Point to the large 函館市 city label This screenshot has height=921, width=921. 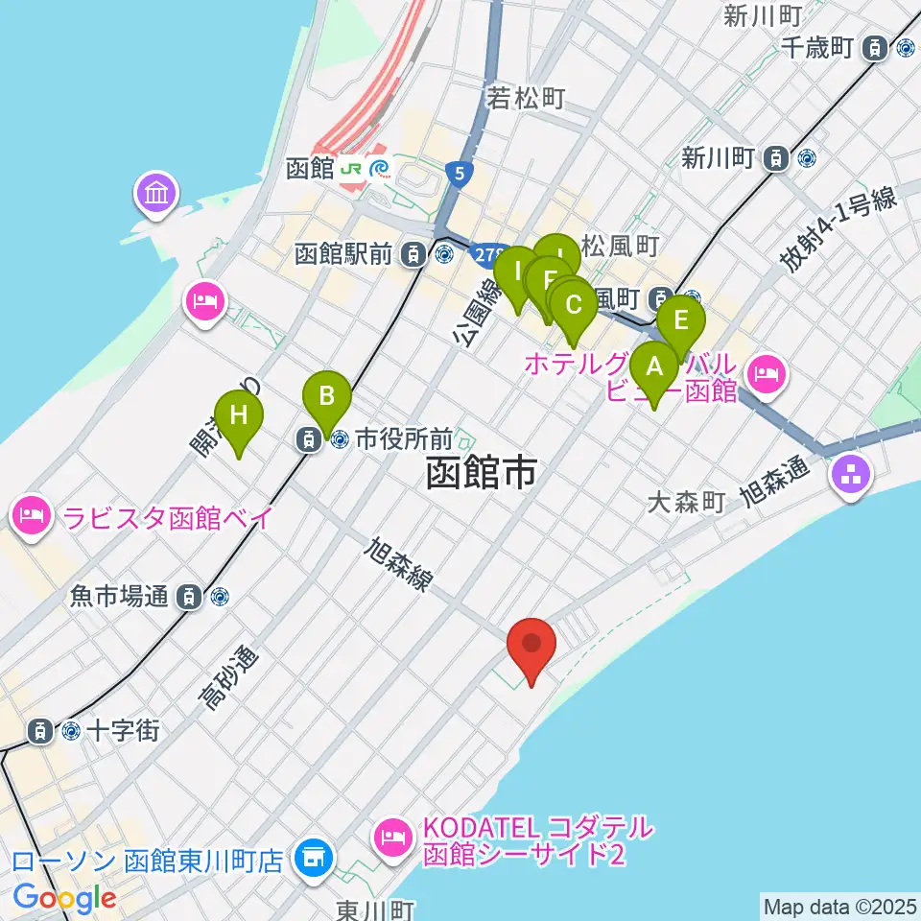tap(480, 473)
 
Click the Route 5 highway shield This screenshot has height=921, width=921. tap(460, 174)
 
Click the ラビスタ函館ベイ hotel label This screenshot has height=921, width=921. tap(169, 518)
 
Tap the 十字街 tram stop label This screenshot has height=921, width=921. tap(122, 730)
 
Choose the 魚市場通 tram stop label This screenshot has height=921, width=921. tap(119, 597)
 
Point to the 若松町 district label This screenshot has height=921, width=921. tap(526, 98)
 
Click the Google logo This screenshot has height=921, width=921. tap(64, 899)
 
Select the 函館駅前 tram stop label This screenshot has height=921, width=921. tap(343, 254)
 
